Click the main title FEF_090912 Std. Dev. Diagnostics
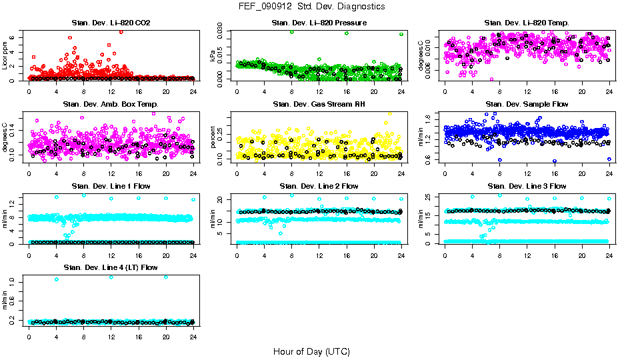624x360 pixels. click(311, 6)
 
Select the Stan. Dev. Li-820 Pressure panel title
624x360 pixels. click(319, 23)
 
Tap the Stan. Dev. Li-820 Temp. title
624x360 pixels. click(527, 23)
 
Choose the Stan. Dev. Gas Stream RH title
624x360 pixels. click(319, 105)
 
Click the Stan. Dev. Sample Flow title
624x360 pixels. click(527, 105)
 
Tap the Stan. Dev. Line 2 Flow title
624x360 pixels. click(319, 186)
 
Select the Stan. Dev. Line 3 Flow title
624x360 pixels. click(527, 186)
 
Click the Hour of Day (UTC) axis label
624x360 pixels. click(311, 351)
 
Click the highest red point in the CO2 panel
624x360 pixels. click(121, 32)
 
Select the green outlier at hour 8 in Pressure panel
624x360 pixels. click(292, 32)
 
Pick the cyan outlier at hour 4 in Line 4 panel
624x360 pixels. click(57, 279)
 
